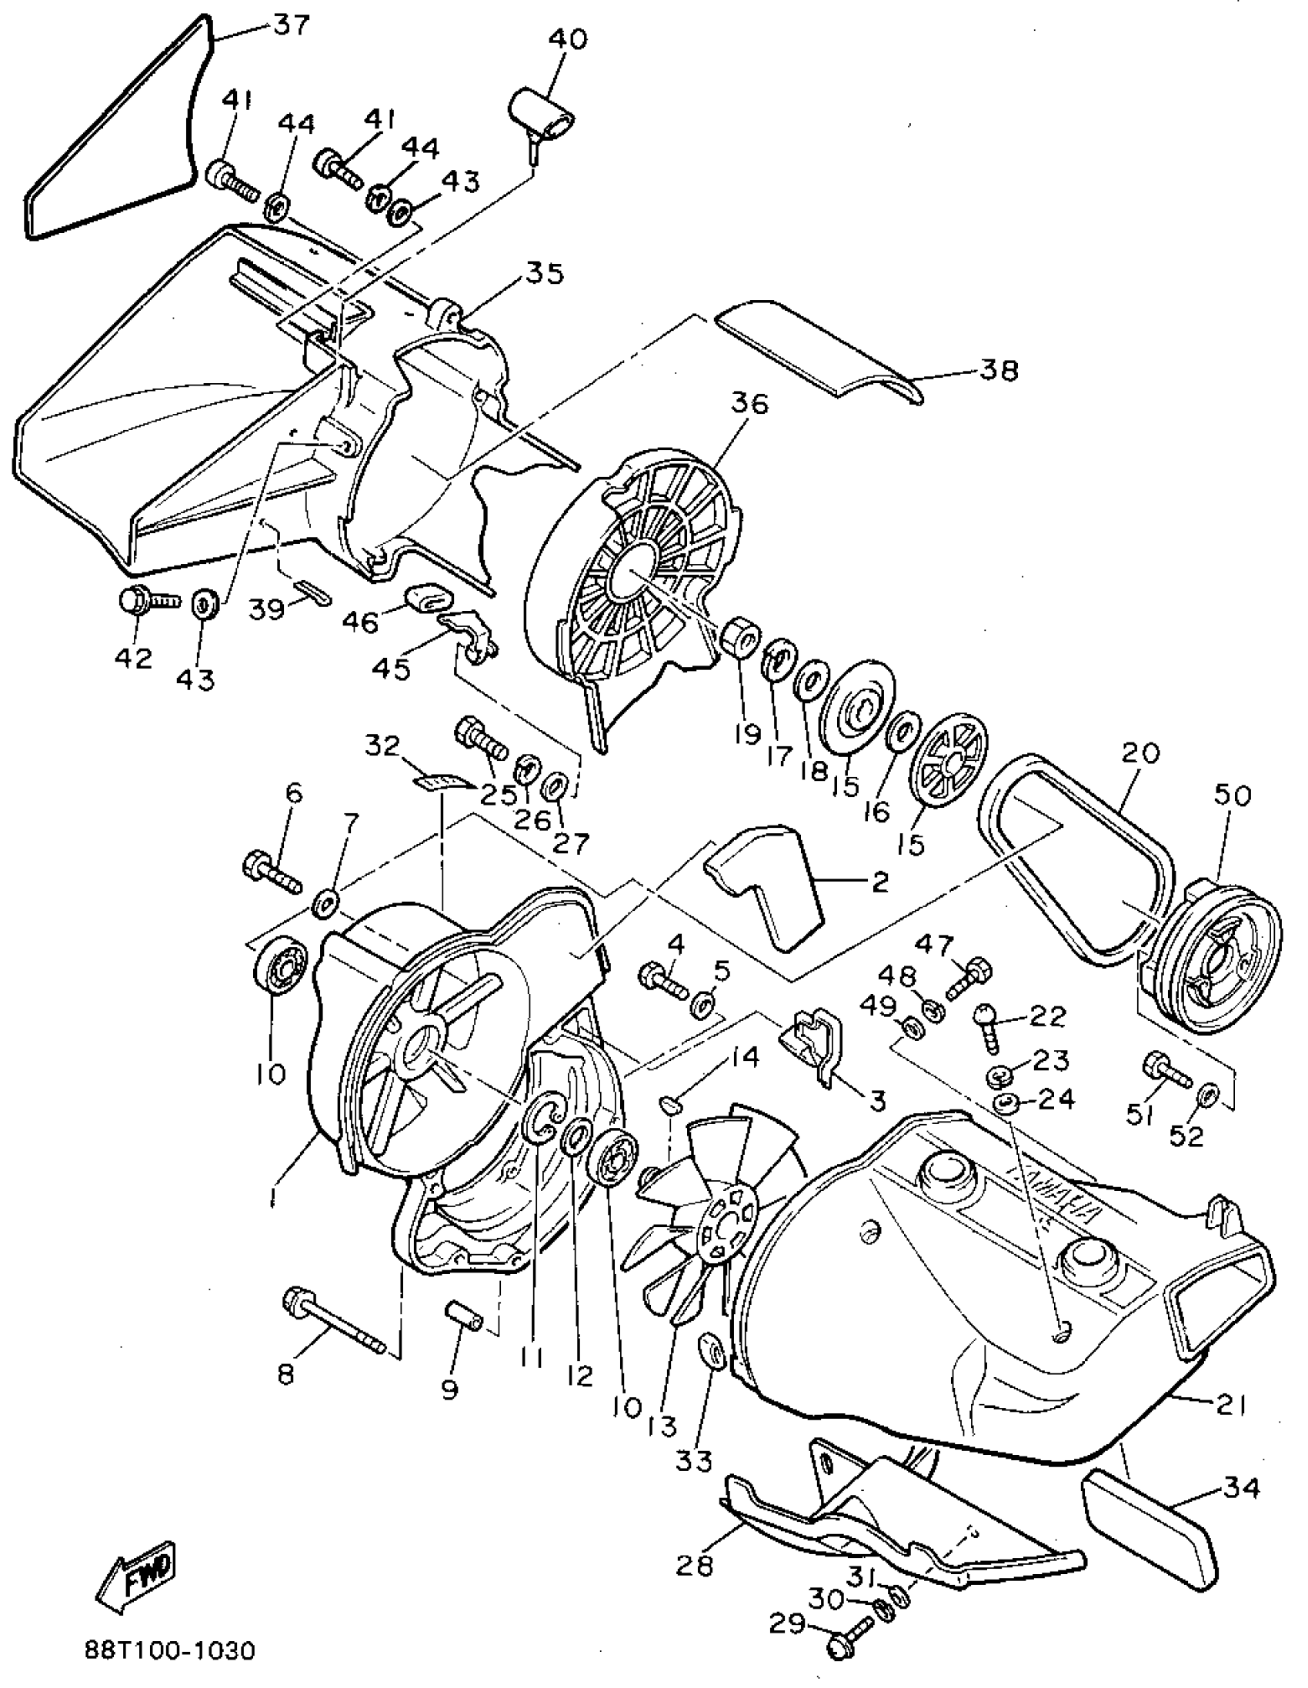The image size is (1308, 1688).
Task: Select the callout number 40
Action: coord(568,38)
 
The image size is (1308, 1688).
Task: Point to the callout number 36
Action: coord(749,403)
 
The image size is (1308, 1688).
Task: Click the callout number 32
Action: coord(382,745)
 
